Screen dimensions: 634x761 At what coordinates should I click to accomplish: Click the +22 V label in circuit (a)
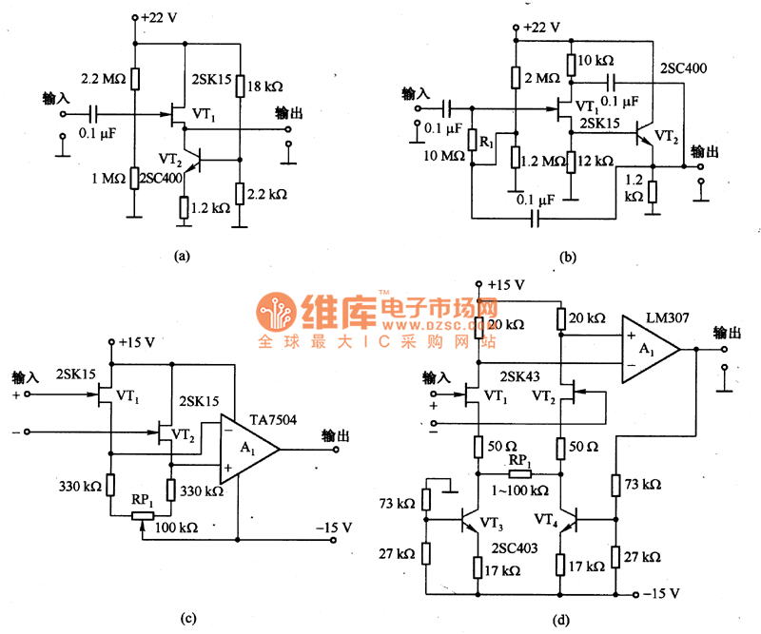[x=162, y=18]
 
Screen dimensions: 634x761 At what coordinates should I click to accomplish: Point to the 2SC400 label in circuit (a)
[x=159, y=177]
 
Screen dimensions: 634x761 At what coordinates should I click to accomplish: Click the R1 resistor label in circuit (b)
[x=486, y=142]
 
